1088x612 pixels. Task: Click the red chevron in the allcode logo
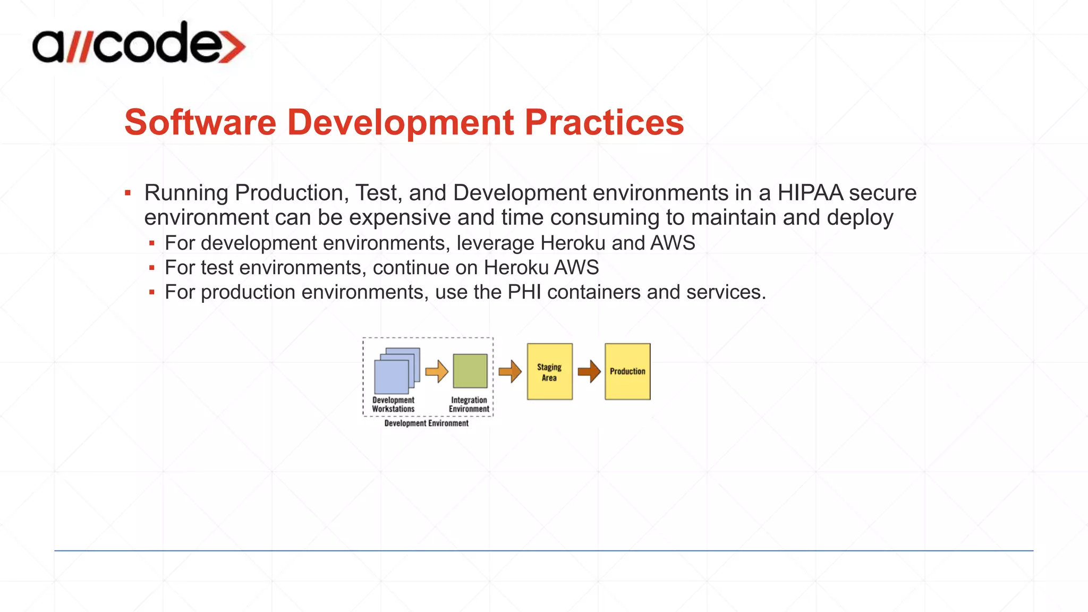(233, 47)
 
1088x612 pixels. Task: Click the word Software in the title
(200, 123)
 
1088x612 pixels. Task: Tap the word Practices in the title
(604, 123)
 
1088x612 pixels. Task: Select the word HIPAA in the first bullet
(810, 193)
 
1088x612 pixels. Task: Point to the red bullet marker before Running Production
(127, 193)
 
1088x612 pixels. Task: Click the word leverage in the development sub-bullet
(495, 243)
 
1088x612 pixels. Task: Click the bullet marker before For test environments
(152, 268)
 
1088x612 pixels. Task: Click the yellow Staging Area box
(549, 371)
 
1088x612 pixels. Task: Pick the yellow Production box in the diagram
(627, 371)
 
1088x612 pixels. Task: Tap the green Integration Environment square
(470, 371)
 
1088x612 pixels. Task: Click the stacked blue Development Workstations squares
(396, 371)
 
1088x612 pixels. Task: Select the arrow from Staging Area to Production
(589, 371)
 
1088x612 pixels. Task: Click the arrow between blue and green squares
(437, 371)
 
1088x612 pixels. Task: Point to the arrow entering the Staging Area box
(509, 371)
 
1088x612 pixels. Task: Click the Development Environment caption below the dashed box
(426, 423)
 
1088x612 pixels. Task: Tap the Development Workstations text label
(393, 404)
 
